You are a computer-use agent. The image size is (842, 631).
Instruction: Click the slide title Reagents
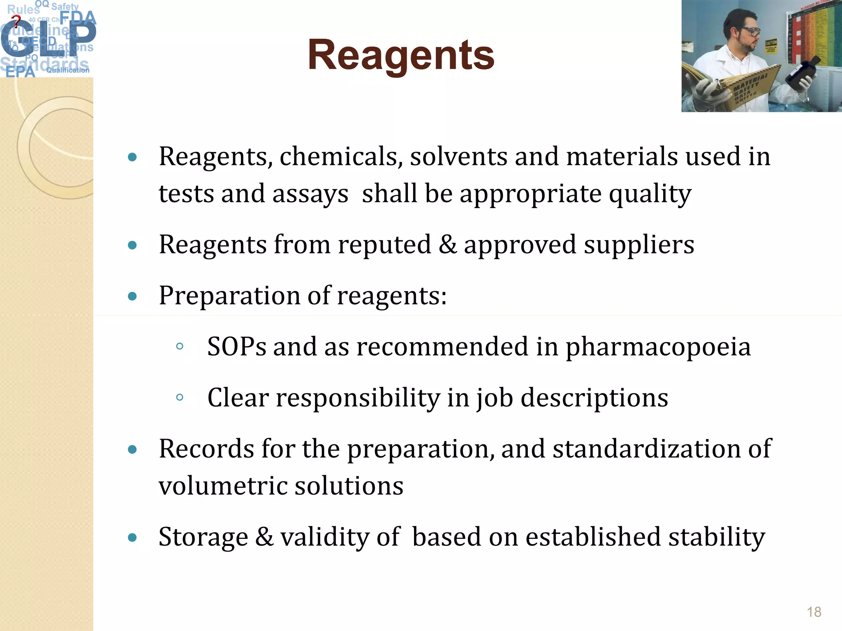401,55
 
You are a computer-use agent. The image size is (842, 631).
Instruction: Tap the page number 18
814,612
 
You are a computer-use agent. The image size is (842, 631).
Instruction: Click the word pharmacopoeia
658,347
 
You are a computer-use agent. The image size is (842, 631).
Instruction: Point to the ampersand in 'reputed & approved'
447,245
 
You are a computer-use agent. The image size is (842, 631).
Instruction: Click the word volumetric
222,486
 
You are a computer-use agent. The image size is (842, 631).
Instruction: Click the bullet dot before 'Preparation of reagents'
132,296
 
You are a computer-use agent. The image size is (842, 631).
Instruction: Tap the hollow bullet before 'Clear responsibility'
179,397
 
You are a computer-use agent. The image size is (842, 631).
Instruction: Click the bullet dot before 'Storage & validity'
132,537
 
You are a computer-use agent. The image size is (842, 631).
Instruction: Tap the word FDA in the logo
78,18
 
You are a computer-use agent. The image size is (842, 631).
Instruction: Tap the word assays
310,194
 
